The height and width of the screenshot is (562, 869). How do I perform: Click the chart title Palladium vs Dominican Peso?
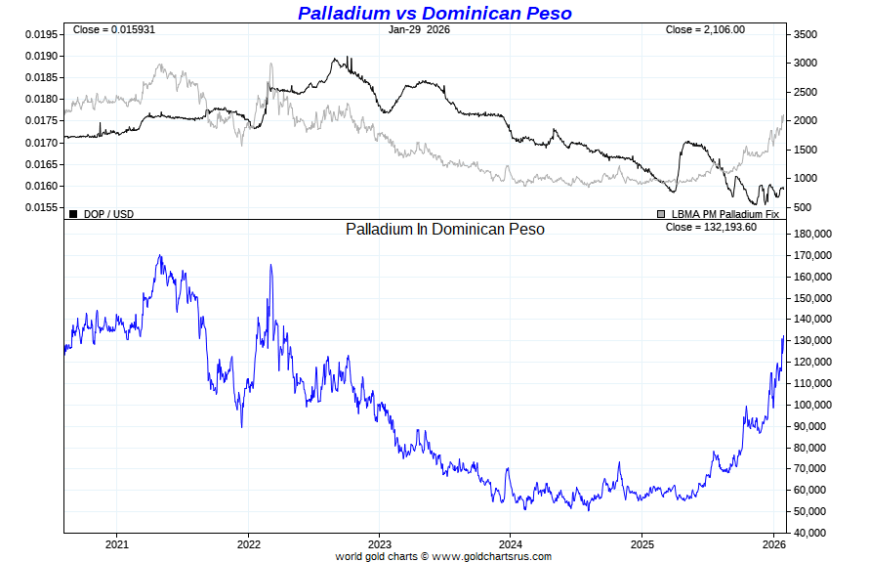pyautogui.click(x=434, y=13)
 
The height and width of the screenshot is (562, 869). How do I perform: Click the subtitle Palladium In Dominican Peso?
pyautogui.click(x=445, y=229)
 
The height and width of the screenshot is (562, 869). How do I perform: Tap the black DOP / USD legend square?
pyautogui.click(x=73, y=213)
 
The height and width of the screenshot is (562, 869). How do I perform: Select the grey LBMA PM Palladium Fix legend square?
pyautogui.click(x=661, y=213)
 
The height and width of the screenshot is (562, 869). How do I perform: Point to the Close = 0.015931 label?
pyautogui.click(x=113, y=29)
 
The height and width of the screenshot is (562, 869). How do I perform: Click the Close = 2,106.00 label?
pyautogui.click(x=705, y=29)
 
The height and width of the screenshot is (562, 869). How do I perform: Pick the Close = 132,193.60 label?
pyautogui.click(x=711, y=227)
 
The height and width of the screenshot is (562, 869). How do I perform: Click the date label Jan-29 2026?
pyautogui.click(x=419, y=29)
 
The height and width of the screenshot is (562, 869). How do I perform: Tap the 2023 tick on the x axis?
pyautogui.click(x=380, y=543)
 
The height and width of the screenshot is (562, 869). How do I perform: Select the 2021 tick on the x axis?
pyautogui.click(x=117, y=543)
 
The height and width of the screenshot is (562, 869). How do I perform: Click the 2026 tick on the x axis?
pyautogui.click(x=774, y=543)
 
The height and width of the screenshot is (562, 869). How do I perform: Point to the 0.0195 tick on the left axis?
pyautogui.click(x=40, y=34)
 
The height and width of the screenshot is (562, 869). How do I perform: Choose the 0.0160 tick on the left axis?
pyautogui.click(x=40, y=187)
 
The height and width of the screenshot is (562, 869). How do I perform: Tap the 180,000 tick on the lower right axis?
pyautogui.click(x=814, y=235)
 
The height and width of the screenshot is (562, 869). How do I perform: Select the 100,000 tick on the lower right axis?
pyautogui.click(x=814, y=405)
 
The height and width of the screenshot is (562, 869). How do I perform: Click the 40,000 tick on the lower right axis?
pyautogui.click(x=811, y=533)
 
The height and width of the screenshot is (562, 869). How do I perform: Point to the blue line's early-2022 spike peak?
pyautogui.click(x=270, y=265)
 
